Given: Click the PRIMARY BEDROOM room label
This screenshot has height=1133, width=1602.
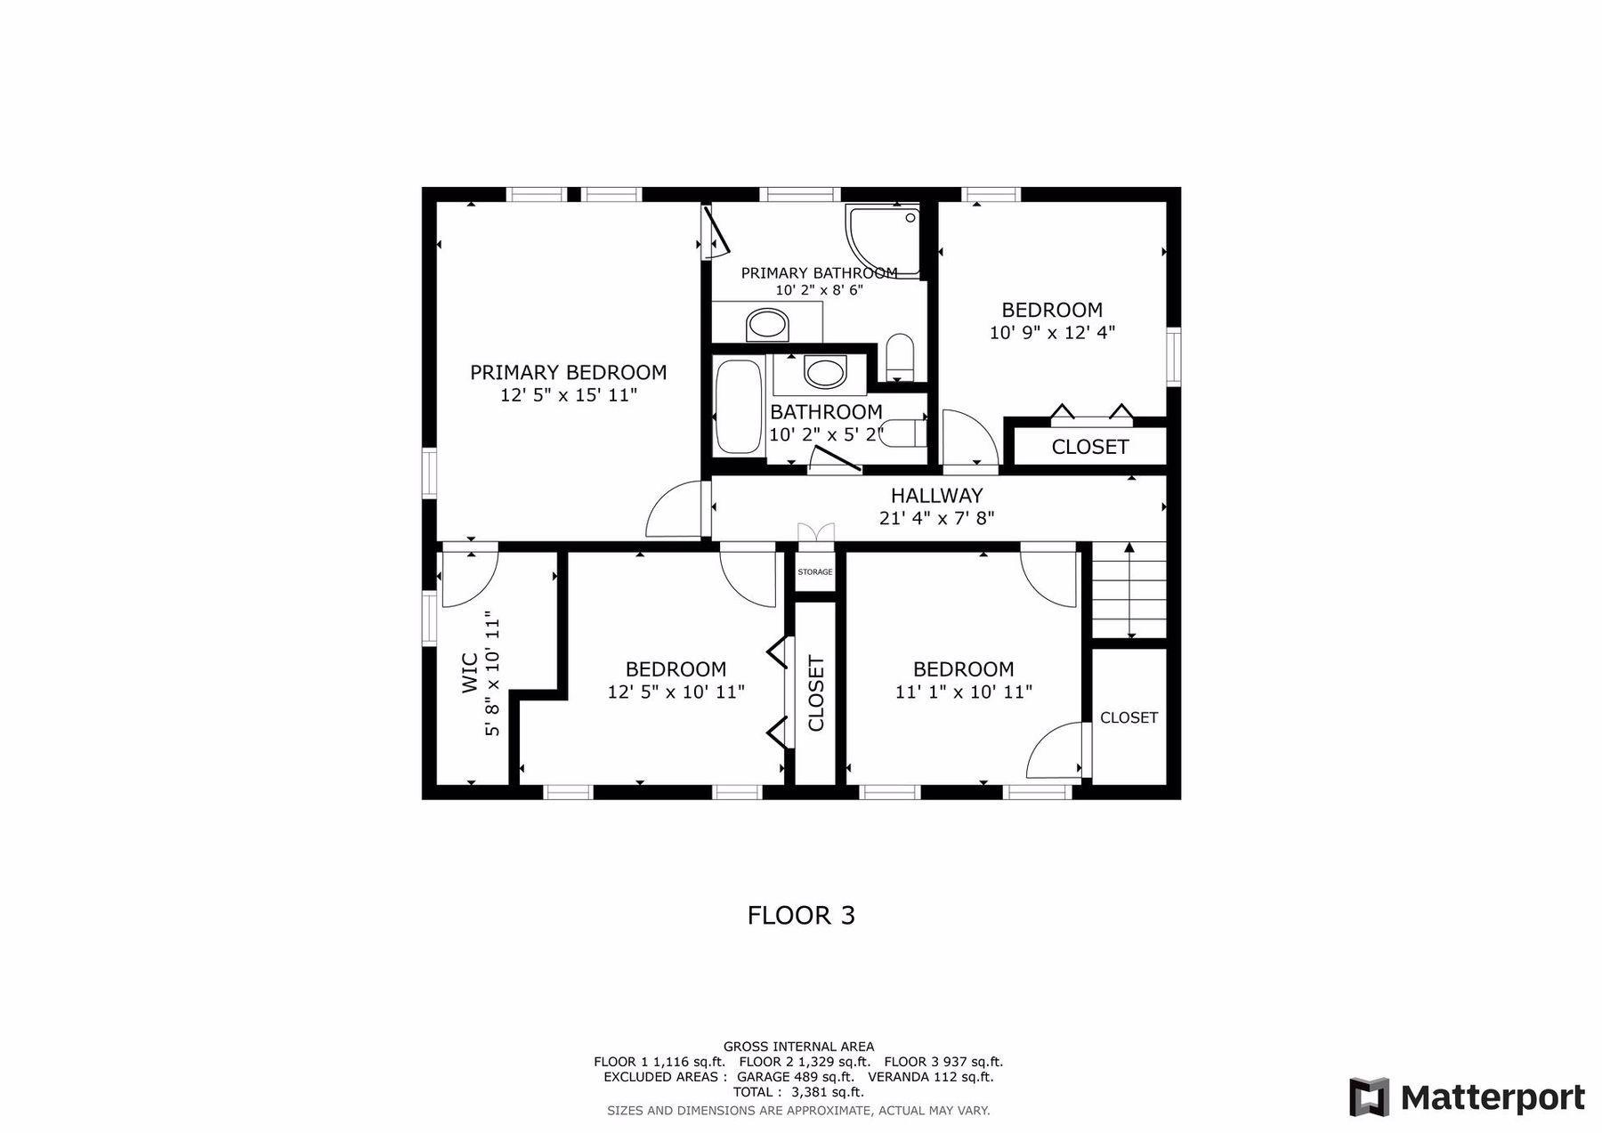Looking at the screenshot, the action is [568, 372].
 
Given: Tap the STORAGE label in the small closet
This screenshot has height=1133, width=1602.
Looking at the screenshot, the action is [815, 571].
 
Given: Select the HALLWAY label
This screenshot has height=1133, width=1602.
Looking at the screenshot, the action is [937, 495].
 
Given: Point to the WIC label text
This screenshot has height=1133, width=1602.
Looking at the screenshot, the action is [470, 672].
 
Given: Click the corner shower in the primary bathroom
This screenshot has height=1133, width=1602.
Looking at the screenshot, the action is [882, 240].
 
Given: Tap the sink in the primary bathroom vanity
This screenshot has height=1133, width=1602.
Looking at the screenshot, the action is [768, 325].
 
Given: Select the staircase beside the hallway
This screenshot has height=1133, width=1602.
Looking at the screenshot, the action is [1129, 590].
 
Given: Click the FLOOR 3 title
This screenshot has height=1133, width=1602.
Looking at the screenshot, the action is [801, 915].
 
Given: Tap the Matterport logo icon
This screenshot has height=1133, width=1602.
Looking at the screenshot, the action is [1369, 1097].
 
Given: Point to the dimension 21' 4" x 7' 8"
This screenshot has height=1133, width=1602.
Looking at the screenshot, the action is [937, 517].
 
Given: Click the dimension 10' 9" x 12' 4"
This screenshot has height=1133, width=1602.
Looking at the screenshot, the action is [1052, 333].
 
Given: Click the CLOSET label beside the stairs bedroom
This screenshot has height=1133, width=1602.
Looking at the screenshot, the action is [1129, 717].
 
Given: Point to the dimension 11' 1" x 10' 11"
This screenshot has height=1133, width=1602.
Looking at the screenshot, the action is [964, 692].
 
